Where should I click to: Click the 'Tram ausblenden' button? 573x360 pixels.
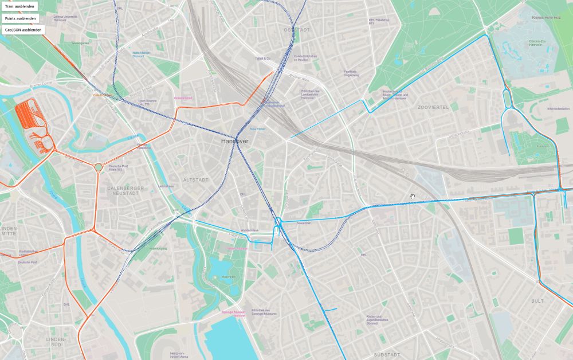(19, 6)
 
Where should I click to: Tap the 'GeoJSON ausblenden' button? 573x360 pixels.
(23, 29)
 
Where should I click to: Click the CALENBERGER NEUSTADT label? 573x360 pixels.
(123, 190)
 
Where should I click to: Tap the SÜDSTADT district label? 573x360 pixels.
(386, 355)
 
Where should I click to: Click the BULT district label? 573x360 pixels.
(537, 300)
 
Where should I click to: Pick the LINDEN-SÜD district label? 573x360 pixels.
(56, 342)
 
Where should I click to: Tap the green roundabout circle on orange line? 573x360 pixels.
(98, 167)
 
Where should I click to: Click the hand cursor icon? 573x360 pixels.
(412, 197)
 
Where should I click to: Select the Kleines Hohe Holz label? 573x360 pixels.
(545, 18)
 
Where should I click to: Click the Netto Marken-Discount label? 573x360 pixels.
(142, 54)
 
